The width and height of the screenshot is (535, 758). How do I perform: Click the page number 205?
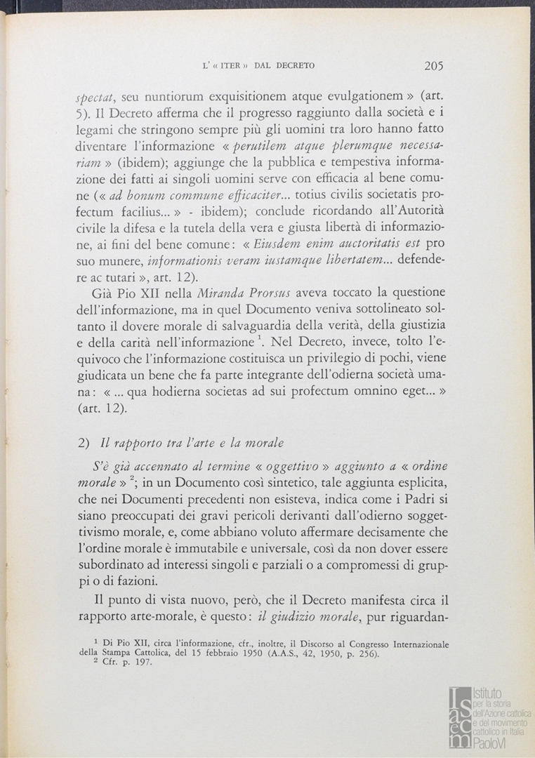pyautogui.click(x=433, y=66)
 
